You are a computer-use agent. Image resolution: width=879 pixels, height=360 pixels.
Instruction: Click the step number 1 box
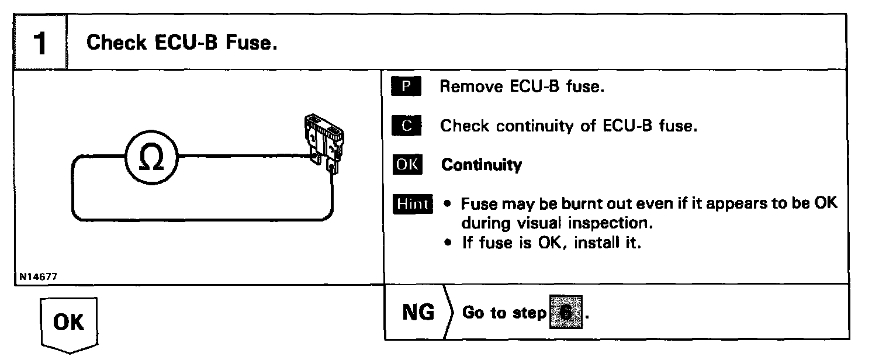[x=39, y=44]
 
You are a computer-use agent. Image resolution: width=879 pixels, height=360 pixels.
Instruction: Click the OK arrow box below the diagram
[x=69, y=323]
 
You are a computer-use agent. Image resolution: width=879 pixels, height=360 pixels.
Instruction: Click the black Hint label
[x=414, y=204]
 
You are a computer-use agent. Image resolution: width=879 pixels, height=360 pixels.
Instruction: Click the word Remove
[x=470, y=87]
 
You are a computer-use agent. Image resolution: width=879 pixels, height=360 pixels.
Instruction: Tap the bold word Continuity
[x=481, y=165]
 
